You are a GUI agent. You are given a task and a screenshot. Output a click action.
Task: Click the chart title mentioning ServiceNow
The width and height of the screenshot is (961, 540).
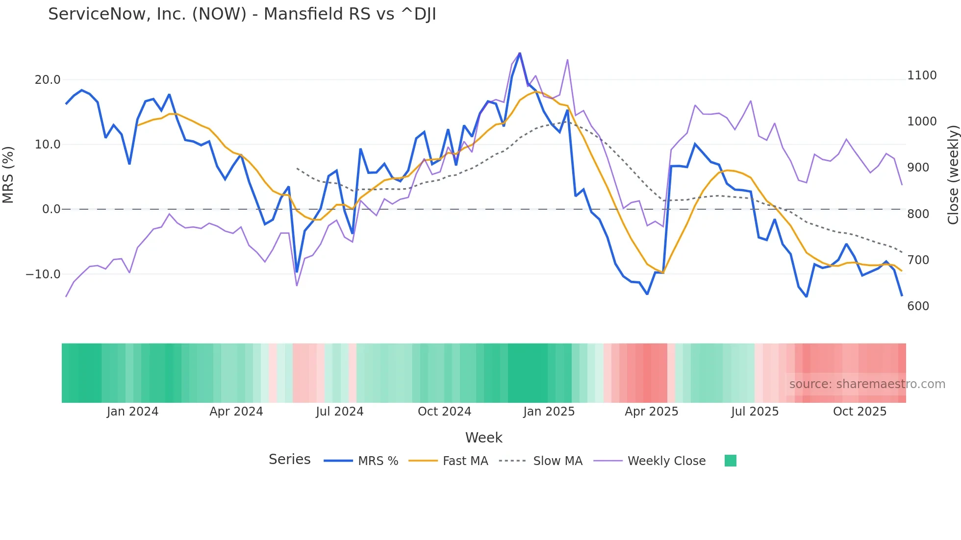click(x=242, y=14)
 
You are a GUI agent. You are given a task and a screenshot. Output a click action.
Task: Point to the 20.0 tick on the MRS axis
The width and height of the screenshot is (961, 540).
click(x=48, y=80)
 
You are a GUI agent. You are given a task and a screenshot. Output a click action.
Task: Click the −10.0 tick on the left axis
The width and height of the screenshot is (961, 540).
click(x=43, y=274)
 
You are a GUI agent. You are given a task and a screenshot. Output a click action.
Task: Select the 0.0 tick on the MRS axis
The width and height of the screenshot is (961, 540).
click(x=51, y=209)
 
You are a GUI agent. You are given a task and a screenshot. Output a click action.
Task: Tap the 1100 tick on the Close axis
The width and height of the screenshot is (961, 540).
click(x=922, y=75)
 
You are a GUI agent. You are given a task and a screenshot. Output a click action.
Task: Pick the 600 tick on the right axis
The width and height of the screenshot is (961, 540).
click(x=918, y=306)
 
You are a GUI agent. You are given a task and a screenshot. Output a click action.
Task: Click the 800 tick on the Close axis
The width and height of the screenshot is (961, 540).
click(x=918, y=214)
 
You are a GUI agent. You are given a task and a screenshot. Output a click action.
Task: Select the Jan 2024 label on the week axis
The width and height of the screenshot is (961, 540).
click(x=132, y=412)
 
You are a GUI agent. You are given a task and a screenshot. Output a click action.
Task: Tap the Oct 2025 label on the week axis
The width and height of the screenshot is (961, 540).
click(x=860, y=412)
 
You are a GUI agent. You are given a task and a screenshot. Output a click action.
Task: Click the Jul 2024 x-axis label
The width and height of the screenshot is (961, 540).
click(x=339, y=412)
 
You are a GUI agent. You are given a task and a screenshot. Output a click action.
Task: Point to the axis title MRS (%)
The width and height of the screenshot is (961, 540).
click(x=8, y=174)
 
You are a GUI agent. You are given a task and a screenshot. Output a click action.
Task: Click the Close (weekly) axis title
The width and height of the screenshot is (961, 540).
click(x=953, y=175)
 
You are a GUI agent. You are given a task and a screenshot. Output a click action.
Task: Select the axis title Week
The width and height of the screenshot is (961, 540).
click(x=483, y=438)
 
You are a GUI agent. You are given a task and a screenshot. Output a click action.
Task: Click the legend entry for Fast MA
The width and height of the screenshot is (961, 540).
click(x=465, y=461)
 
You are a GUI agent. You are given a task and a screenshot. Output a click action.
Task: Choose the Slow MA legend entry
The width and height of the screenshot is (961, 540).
click(x=557, y=461)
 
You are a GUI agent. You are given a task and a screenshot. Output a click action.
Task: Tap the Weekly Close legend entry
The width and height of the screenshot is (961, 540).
click(x=666, y=461)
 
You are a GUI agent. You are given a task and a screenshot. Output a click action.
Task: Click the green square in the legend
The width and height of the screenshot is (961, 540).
click(x=730, y=461)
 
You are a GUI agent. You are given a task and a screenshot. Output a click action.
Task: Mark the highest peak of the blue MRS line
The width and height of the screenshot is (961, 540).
click(x=520, y=53)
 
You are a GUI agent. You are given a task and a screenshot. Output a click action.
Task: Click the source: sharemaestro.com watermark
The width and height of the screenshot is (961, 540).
click(x=867, y=384)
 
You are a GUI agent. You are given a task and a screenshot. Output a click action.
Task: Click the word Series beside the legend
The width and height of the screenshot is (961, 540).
click(x=289, y=460)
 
